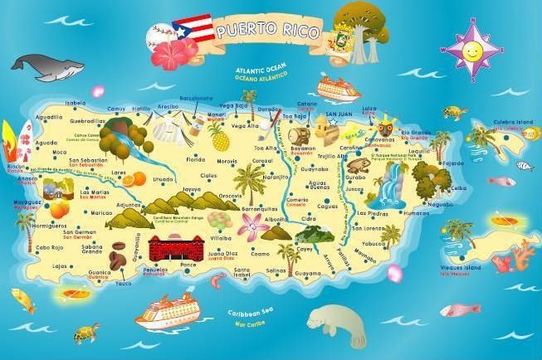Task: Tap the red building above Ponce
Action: (x=176, y=247)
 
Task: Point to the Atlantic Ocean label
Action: (x=261, y=72)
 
